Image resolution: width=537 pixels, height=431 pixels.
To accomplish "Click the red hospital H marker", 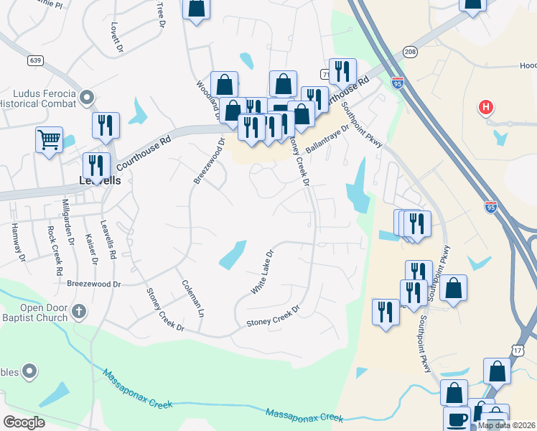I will (x=486, y=108).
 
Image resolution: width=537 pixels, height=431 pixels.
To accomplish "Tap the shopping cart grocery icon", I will (x=49, y=138).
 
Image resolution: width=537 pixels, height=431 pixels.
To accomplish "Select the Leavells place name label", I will (x=99, y=180).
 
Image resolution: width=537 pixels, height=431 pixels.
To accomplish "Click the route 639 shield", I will (x=35, y=61).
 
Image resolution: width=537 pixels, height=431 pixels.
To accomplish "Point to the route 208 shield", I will (x=409, y=52).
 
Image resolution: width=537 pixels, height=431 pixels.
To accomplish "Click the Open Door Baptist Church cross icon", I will (x=80, y=312).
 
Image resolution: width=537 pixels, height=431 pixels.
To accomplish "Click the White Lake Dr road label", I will (x=263, y=272).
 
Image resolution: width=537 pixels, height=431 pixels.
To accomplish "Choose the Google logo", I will (x=24, y=422).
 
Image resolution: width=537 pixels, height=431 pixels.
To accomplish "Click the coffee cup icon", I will (x=455, y=418).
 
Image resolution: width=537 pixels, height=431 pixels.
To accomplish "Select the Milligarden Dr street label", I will (x=67, y=218).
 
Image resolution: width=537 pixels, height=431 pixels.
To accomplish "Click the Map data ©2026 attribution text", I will (x=506, y=425).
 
